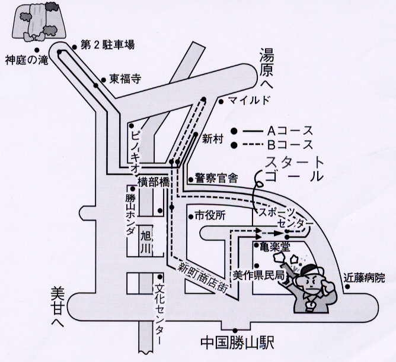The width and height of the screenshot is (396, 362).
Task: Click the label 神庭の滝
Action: (27, 60)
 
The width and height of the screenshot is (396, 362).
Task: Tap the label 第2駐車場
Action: (107, 45)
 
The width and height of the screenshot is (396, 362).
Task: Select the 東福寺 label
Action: (125, 80)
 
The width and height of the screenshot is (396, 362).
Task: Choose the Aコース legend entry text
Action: (290, 131)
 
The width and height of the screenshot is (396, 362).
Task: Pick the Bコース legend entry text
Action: (290, 144)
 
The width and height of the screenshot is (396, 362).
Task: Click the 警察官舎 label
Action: (216, 179)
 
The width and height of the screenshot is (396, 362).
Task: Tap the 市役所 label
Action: (210, 216)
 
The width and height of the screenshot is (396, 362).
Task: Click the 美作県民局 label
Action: (259, 275)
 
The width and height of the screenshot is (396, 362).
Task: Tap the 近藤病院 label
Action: (364, 278)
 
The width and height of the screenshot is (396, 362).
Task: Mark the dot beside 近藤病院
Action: (347, 287)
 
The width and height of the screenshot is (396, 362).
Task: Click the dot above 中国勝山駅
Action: (235, 330)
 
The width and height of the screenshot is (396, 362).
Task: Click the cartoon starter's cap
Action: (312, 271)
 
